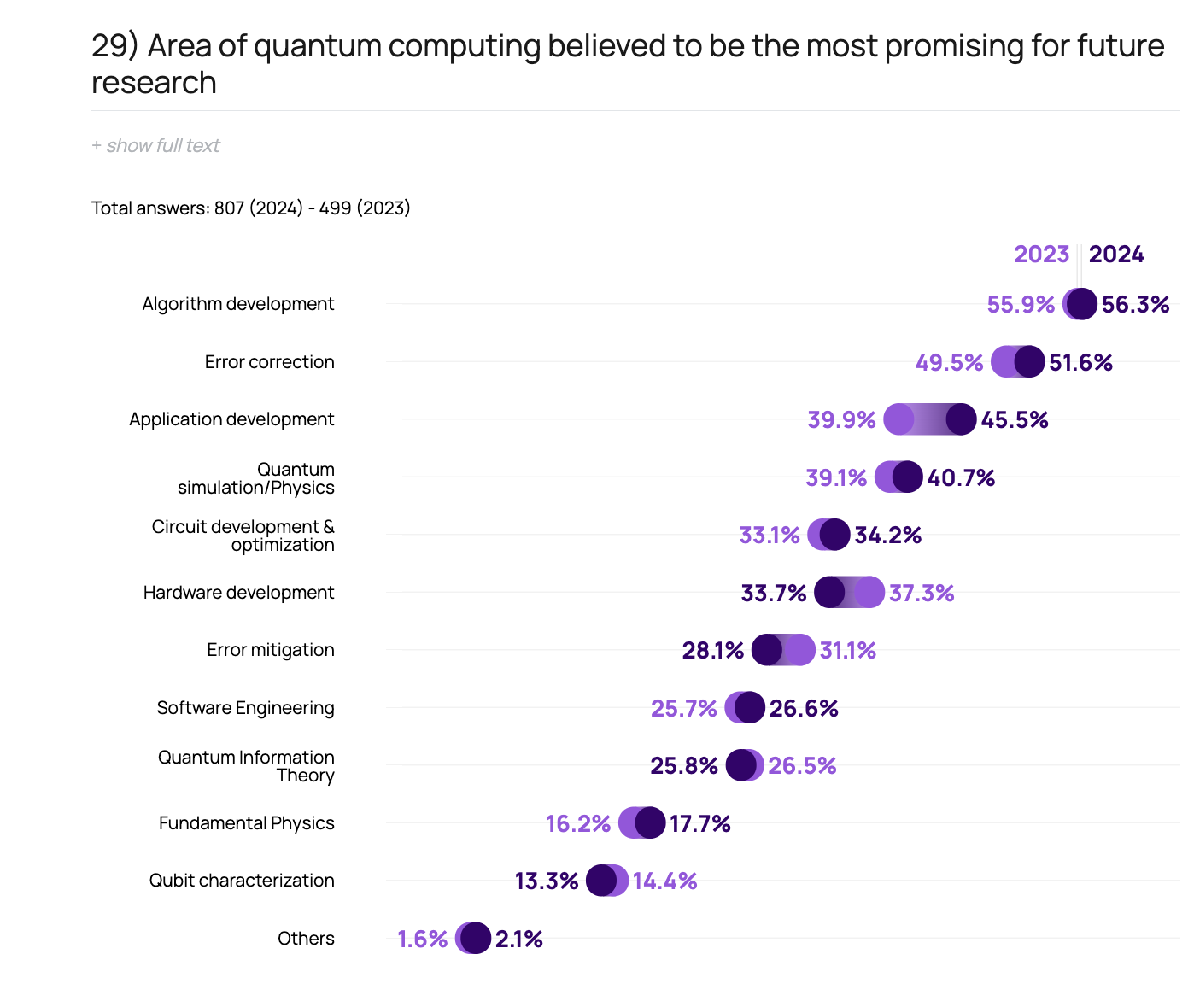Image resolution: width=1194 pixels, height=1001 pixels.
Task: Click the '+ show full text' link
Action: (x=155, y=146)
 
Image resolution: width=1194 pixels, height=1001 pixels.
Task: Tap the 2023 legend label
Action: (x=1041, y=255)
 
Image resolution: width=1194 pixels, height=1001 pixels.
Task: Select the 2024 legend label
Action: (x=1116, y=255)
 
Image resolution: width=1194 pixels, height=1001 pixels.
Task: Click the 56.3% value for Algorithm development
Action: (x=1135, y=305)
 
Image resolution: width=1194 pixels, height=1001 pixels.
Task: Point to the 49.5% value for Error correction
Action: (x=949, y=363)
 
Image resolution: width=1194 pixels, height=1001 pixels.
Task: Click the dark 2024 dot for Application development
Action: (x=961, y=419)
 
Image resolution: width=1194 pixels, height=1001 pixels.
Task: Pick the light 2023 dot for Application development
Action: (x=898, y=419)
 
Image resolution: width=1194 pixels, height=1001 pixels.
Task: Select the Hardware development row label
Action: (x=238, y=593)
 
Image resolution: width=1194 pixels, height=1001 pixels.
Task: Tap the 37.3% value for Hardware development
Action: (x=922, y=594)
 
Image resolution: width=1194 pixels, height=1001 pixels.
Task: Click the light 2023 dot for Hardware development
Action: (x=869, y=592)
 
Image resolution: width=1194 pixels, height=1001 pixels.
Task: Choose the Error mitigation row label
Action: (x=270, y=650)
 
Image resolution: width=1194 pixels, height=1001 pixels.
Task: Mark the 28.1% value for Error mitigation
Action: (x=712, y=651)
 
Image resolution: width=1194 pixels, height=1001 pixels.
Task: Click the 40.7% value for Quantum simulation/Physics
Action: (x=961, y=478)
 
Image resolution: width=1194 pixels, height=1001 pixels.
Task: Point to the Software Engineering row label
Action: (x=245, y=708)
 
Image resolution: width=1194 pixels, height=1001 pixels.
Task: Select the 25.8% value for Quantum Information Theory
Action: (x=683, y=766)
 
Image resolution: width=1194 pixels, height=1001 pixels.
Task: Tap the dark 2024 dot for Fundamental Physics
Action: (x=650, y=822)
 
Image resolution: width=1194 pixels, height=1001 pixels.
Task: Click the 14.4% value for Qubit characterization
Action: (x=664, y=881)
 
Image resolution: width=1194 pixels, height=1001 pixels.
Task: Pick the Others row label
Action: (x=306, y=939)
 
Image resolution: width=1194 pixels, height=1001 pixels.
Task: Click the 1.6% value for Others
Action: (x=422, y=940)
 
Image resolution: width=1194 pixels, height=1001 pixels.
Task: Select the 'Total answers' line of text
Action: (x=250, y=208)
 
